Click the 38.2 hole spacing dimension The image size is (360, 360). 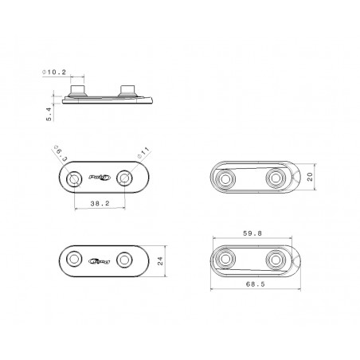pos(99,205)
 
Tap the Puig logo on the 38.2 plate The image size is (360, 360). pos(100,176)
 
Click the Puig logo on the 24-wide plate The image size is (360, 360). pos(100,259)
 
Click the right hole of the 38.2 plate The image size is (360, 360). pos(125,176)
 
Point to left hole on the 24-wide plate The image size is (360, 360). pos(74,259)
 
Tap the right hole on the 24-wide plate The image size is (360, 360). pos(125,259)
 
